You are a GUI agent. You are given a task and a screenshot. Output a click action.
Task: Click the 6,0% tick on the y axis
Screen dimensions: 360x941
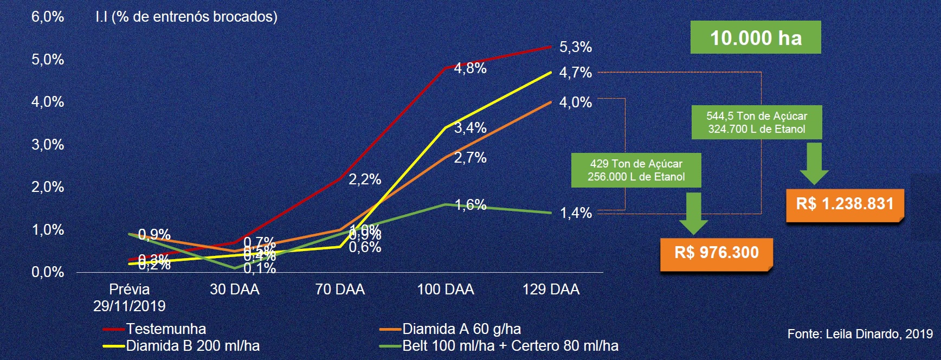pos(48,17)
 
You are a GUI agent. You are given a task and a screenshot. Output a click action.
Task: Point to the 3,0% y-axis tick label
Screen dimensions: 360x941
pos(48,145)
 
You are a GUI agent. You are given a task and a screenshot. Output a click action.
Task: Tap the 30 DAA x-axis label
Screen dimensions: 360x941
pos(234,290)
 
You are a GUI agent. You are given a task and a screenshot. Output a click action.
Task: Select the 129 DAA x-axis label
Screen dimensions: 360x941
pos(551,290)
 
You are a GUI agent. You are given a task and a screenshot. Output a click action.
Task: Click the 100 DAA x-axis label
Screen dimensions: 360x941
pos(446,290)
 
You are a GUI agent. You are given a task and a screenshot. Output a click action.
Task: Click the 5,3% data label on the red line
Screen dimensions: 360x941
pos(576,47)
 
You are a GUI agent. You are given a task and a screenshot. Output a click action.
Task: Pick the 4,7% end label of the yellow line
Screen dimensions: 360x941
pos(576,73)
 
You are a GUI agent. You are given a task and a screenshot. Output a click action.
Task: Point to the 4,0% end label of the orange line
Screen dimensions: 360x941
pos(576,102)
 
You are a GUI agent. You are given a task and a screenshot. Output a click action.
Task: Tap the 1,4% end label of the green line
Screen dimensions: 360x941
pos(576,213)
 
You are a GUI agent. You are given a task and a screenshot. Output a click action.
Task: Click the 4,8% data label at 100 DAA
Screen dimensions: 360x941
pos(470,68)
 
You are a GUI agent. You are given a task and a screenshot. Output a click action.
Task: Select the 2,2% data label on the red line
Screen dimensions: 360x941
pos(365,179)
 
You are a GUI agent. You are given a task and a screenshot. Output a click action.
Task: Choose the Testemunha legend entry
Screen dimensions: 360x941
pos(166,329)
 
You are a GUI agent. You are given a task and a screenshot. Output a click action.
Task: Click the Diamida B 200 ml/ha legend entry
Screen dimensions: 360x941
pos(192,346)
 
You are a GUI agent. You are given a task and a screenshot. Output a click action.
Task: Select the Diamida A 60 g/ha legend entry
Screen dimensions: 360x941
pos(461,329)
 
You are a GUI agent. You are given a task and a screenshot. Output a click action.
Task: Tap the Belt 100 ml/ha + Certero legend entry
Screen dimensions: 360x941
pos(510,346)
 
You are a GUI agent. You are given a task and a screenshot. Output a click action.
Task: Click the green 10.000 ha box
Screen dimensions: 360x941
pos(756,37)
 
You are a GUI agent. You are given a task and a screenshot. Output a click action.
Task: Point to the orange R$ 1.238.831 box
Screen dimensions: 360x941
pos(845,204)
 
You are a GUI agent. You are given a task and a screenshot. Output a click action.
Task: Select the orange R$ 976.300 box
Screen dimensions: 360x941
pos(717,253)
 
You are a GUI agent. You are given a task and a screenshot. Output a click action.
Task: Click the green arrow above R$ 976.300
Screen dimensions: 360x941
pos(693,213)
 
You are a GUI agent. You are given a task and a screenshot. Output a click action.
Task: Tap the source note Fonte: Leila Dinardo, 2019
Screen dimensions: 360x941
pos(860,334)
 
